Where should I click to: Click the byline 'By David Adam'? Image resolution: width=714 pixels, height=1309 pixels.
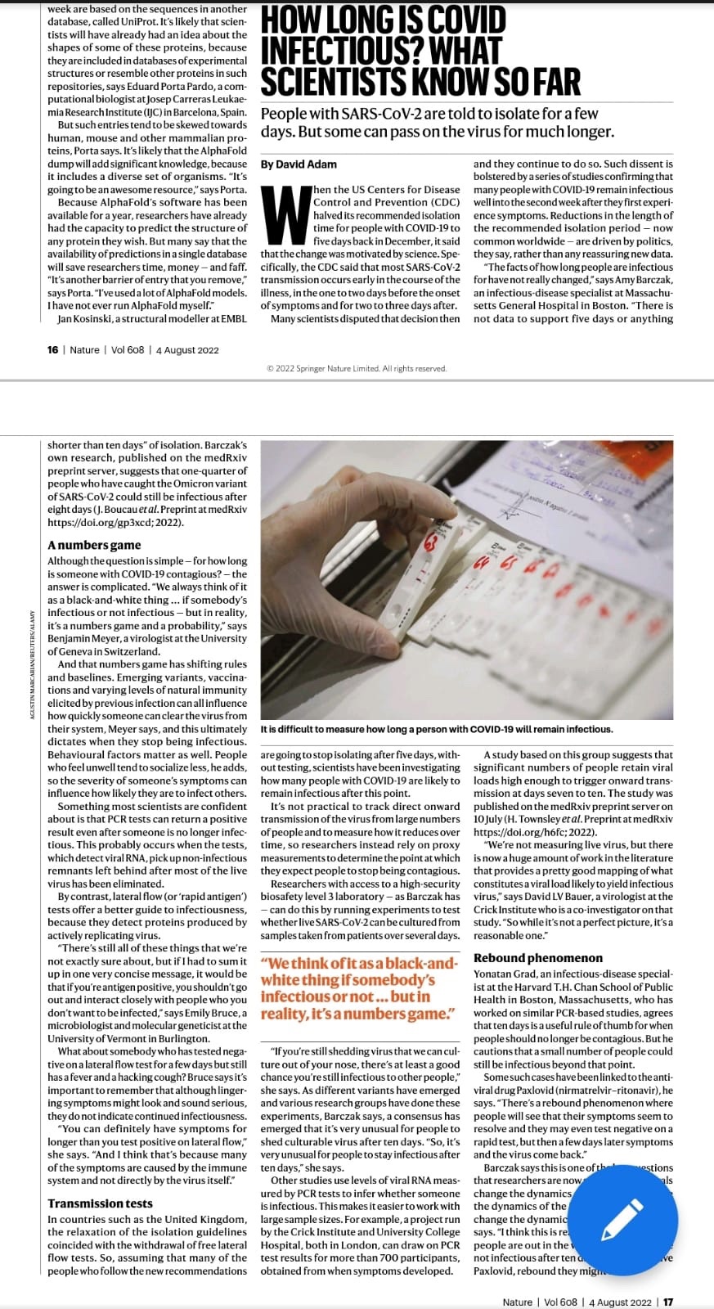299,164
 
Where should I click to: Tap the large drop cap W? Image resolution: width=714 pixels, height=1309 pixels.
285,215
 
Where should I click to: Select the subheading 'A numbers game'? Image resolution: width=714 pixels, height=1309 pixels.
94,545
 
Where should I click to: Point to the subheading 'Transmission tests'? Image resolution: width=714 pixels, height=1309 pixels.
100,1203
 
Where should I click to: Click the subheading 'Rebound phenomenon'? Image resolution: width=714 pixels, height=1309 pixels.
537,958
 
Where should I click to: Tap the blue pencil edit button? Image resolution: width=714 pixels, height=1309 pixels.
622,1220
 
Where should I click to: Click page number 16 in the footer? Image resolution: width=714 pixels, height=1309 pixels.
53,350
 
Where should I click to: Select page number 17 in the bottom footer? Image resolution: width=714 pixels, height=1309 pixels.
668,1302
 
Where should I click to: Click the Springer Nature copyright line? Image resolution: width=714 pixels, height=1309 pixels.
357,369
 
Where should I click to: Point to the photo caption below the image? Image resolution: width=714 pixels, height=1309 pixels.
436,729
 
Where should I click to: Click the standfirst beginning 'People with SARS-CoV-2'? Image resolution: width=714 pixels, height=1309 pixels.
437,123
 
